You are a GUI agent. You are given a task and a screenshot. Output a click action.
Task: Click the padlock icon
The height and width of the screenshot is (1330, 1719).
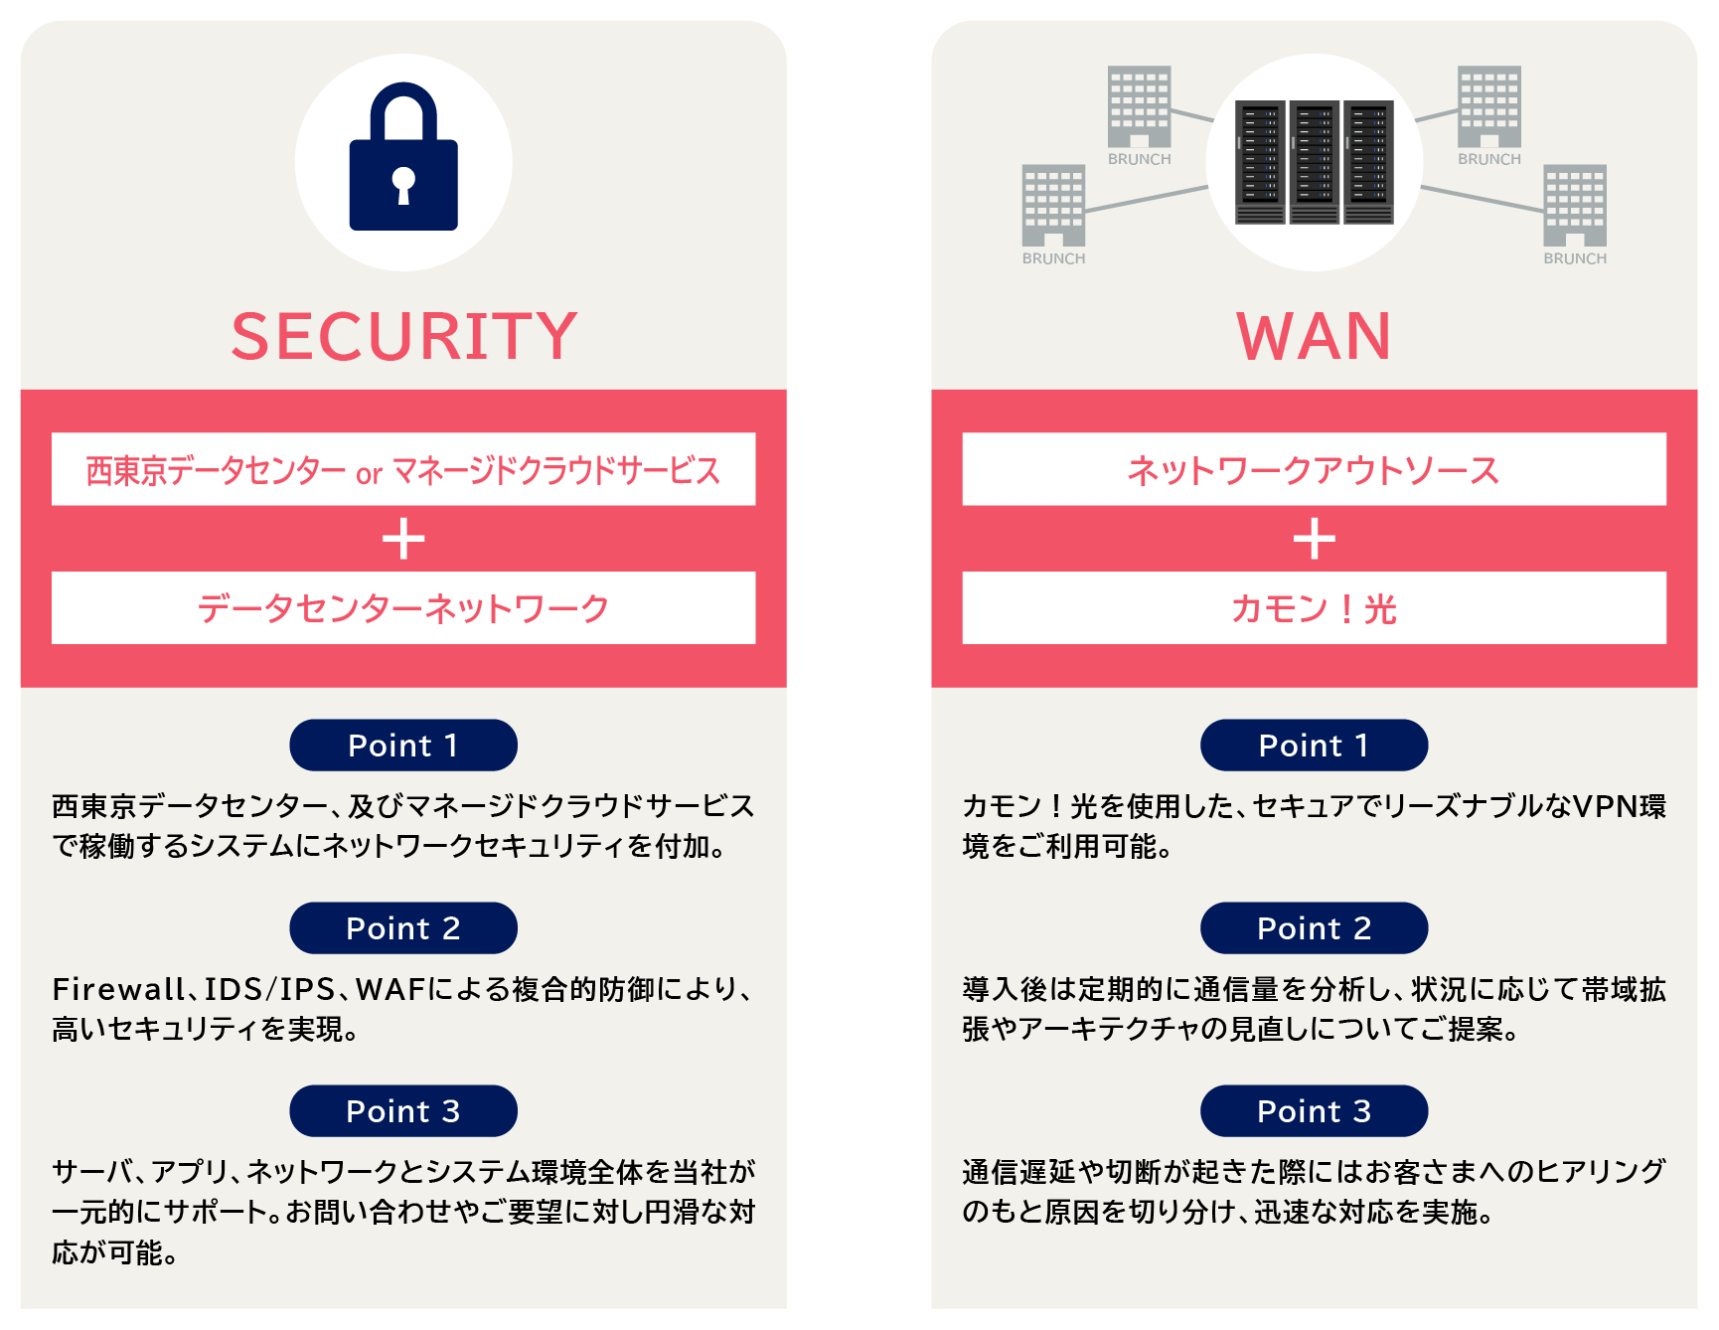point(403,159)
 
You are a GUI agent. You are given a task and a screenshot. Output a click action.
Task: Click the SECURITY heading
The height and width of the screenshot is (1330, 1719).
point(403,336)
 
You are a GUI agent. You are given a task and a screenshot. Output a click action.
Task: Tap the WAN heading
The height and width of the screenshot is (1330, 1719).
point(1314,336)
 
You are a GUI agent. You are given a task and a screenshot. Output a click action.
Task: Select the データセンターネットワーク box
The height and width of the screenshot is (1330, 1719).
point(403,608)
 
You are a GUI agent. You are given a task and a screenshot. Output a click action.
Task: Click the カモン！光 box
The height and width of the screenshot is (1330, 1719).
point(1314,608)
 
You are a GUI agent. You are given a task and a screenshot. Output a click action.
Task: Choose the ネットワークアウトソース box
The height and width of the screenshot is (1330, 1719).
point(1314,469)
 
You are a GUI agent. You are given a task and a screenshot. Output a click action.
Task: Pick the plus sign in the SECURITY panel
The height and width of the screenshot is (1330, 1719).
point(403,539)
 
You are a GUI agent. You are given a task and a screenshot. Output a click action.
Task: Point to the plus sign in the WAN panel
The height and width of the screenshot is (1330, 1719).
point(1314,539)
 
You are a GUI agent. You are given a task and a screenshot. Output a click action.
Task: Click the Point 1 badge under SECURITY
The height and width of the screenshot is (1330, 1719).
point(403,746)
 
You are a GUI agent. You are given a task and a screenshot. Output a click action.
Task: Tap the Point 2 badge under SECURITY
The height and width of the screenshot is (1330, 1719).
point(403,928)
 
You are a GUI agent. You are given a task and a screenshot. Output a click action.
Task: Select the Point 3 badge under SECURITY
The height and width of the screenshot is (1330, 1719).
point(403,1111)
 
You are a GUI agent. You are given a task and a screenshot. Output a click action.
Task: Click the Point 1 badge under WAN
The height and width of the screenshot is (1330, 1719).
point(1314,746)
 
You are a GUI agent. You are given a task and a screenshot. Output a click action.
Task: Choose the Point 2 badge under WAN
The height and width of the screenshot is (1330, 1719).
point(1314,928)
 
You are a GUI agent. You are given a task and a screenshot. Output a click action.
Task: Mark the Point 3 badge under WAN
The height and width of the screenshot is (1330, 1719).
point(1314,1111)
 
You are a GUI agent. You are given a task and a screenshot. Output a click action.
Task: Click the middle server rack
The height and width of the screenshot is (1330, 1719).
point(1314,162)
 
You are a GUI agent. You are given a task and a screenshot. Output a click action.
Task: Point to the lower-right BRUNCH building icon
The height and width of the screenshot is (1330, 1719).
point(1575,205)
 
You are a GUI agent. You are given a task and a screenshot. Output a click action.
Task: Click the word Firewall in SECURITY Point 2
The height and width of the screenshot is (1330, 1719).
point(117,989)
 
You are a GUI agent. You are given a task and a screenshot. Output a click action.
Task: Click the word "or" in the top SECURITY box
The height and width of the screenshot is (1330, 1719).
point(369,474)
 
